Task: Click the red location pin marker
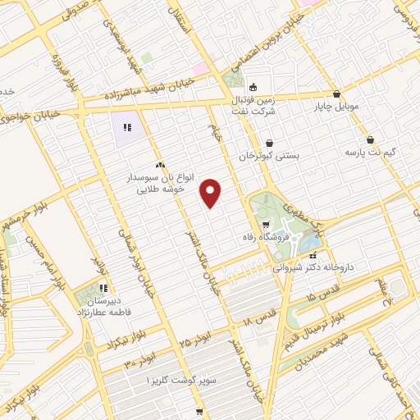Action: tap(212, 191)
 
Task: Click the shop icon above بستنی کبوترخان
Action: tap(269, 143)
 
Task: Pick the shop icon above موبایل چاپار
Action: tap(336, 94)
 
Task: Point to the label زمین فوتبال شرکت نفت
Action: tap(278, 103)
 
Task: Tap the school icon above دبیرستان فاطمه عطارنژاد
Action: tap(103, 288)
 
